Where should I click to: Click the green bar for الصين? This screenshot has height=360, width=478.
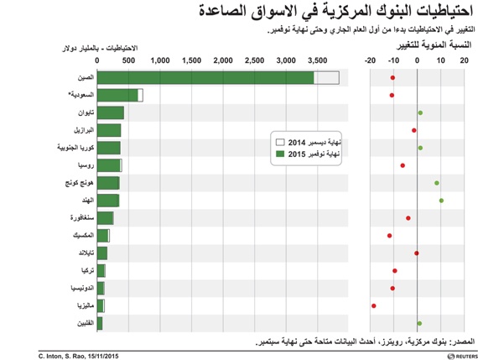click(205, 78)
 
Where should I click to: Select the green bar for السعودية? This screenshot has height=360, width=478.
click(118, 96)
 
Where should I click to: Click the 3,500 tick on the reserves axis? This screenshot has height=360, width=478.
click(317, 61)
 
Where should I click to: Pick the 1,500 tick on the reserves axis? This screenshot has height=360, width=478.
click(192, 61)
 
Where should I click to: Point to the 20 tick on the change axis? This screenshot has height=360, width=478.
click(464, 61)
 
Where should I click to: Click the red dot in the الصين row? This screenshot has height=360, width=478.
click(392, 78)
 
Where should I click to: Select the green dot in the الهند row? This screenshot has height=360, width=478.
click(441, 200)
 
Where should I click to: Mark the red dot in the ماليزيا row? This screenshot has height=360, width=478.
click(374, 305)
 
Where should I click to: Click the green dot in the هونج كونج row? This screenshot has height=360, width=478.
click(437, 183)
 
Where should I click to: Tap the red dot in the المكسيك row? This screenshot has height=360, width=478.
click(390, 236)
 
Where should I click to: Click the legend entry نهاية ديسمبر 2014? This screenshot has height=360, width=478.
click(312, 143)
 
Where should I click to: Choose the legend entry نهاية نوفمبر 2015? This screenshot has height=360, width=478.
click(312, 154)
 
